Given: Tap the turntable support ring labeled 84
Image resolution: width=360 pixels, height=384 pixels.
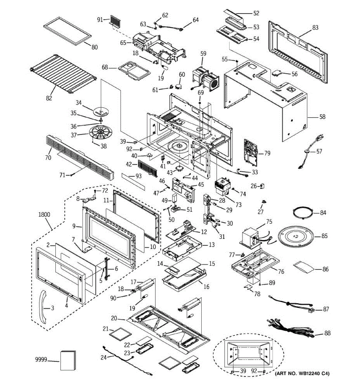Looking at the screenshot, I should (303, 213).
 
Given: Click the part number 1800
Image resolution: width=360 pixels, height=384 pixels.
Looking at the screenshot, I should (44, 215).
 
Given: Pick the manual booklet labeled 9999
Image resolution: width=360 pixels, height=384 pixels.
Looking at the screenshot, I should (68, 360).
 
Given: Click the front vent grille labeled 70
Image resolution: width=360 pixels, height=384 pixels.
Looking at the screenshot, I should (80, 156).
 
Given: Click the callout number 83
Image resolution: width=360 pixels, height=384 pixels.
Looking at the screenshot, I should (315, 28).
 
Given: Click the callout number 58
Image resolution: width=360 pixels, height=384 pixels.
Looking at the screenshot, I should (322, 116).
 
